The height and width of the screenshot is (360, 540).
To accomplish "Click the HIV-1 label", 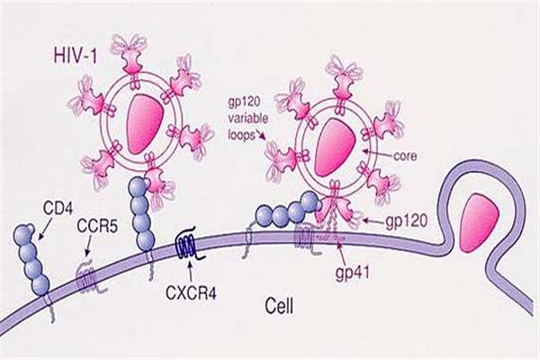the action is coord(75,55).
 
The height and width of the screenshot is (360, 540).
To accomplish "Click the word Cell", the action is coord(280,306).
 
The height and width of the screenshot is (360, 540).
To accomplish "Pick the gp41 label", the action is coord(353,273).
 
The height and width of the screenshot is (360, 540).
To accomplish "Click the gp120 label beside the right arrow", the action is coord(406,221).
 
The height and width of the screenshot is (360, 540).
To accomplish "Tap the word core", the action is coord(405,156).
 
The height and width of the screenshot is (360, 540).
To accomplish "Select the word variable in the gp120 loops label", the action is coord(248,119).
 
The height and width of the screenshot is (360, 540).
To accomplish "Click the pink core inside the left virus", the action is coord(141,124).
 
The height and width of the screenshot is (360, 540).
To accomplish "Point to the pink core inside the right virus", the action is coord(333,147).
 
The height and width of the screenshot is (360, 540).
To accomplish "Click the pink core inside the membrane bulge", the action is coord(481,222).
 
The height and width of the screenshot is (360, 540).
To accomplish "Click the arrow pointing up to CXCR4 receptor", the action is coord(190,273).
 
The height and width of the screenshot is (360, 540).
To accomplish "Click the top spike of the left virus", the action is coord(131,59).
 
